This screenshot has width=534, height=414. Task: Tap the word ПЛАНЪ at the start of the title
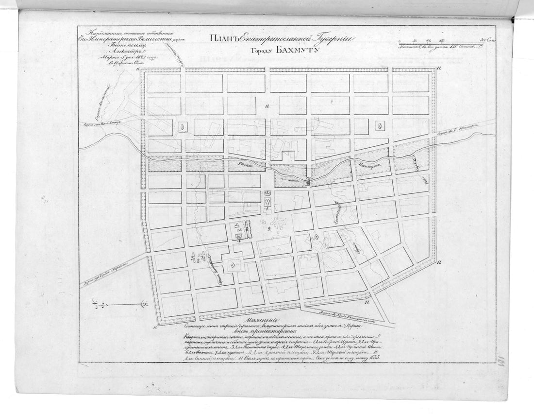click(x=225, y=38)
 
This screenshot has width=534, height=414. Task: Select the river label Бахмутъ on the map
click(x=370, y=165)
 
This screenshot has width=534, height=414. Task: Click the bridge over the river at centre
click(x=308, y=181)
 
